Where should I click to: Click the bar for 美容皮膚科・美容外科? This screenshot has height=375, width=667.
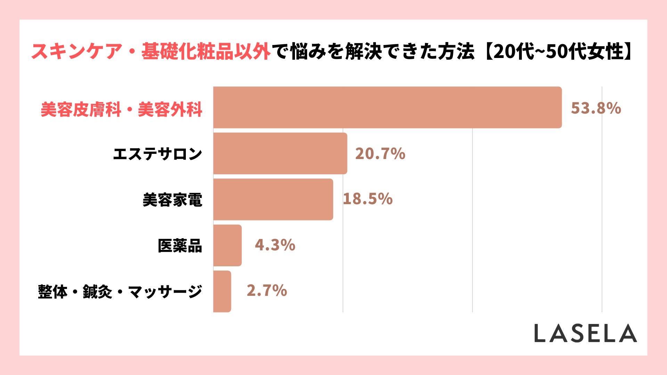(x=387, y=107)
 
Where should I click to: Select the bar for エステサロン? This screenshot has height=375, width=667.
(x=280, y=153)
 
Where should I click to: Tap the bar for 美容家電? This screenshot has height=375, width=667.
(x=273, y=199)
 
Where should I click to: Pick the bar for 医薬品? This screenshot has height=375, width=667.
(x=227, y=245)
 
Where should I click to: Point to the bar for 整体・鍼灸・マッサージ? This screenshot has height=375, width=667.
(x=222, y=291)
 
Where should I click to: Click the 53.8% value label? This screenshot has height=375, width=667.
(x=596, y=108)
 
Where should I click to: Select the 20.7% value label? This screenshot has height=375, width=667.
(x=380, y=153)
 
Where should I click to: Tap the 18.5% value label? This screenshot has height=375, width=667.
(x=368, y=199)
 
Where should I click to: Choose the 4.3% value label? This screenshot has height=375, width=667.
(x=275, y=245)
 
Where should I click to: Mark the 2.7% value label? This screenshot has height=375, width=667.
(x=267, y=290)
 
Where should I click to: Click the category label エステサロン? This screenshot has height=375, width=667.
(x=157, y=154)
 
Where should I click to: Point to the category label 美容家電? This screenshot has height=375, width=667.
(x=172, y=200)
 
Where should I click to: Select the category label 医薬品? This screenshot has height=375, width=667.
(x=180, y=246)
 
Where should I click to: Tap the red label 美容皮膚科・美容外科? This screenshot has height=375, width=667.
(x=121, y=110)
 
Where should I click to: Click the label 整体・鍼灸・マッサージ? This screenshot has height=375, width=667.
(x=120, y=292)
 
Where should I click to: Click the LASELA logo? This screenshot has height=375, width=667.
(x=585, y=333)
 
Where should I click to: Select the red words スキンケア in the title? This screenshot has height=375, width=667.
(x=77, y=51)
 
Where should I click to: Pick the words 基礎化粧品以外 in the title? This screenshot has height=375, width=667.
(x=206, y=51)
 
